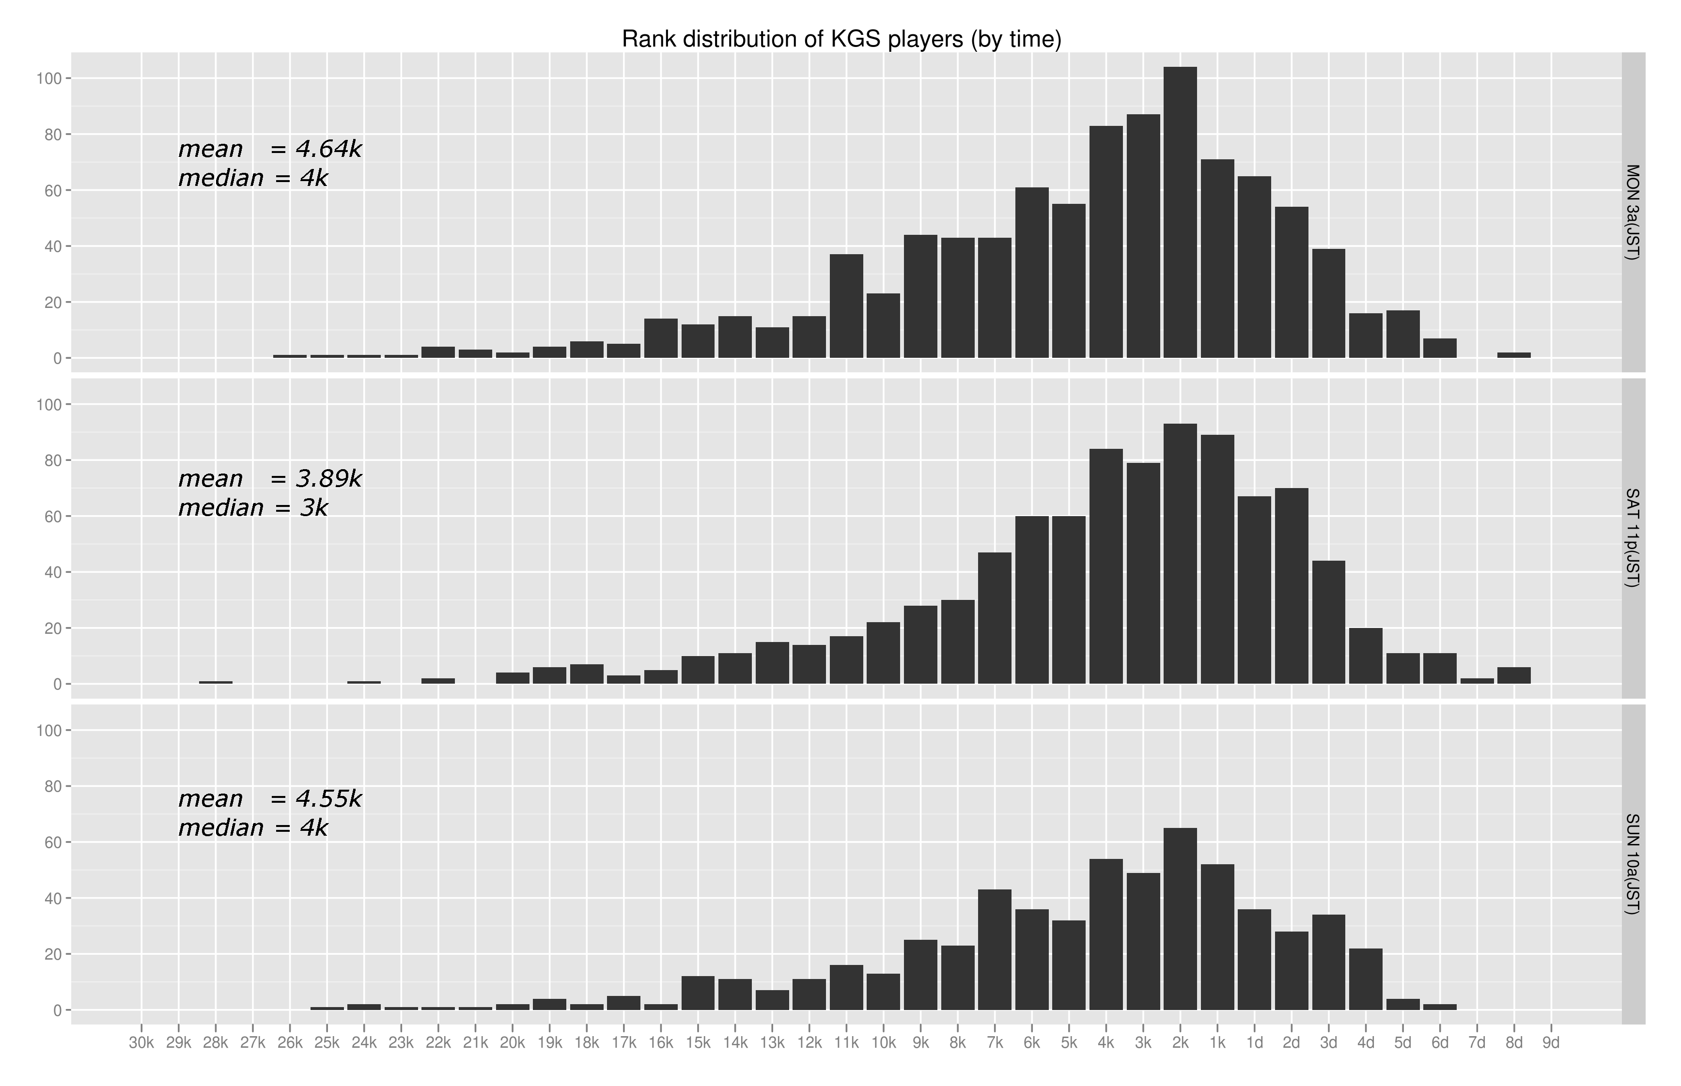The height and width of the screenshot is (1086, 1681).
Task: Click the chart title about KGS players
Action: (841, 40)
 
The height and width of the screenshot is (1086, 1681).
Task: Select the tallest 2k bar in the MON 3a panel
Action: (1180, 212)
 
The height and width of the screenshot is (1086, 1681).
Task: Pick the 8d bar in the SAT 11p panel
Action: (1514, 675)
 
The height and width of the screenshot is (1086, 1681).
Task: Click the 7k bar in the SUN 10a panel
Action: (995, 949)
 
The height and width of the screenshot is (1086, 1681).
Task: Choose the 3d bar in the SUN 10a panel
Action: (1328, 962)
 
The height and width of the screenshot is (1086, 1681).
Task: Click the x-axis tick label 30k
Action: (141, 1043)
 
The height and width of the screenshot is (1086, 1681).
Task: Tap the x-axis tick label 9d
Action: (1551, 1043)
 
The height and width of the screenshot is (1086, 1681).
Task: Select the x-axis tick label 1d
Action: (1254, 1043)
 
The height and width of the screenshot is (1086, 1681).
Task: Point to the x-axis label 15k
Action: (698, 1043)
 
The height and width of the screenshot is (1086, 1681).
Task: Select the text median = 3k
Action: (252, 508)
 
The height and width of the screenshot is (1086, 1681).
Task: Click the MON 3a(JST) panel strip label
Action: (1633, 212)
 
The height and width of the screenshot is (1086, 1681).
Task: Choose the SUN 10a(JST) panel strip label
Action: (1633, 864)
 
